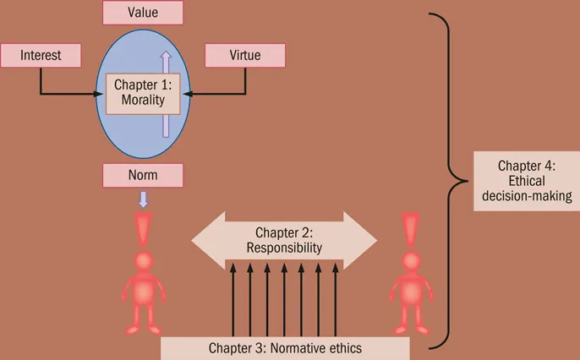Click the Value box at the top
[x=142, y=13]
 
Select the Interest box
[x=41, y=56]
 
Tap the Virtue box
[x=244, y=56]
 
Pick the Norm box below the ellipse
[x=142, y=176]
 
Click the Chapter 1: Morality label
[x=142, y=94]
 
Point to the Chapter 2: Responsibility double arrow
[x=284, y=240]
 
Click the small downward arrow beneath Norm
[x=142, y=199]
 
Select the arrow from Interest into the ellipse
[x=68, y=94]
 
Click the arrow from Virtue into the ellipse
[x=220, y=94]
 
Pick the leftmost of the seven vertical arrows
[x=233, y=300]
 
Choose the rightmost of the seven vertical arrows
[x=336, y=300]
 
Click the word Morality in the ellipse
[x=142, y=101]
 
